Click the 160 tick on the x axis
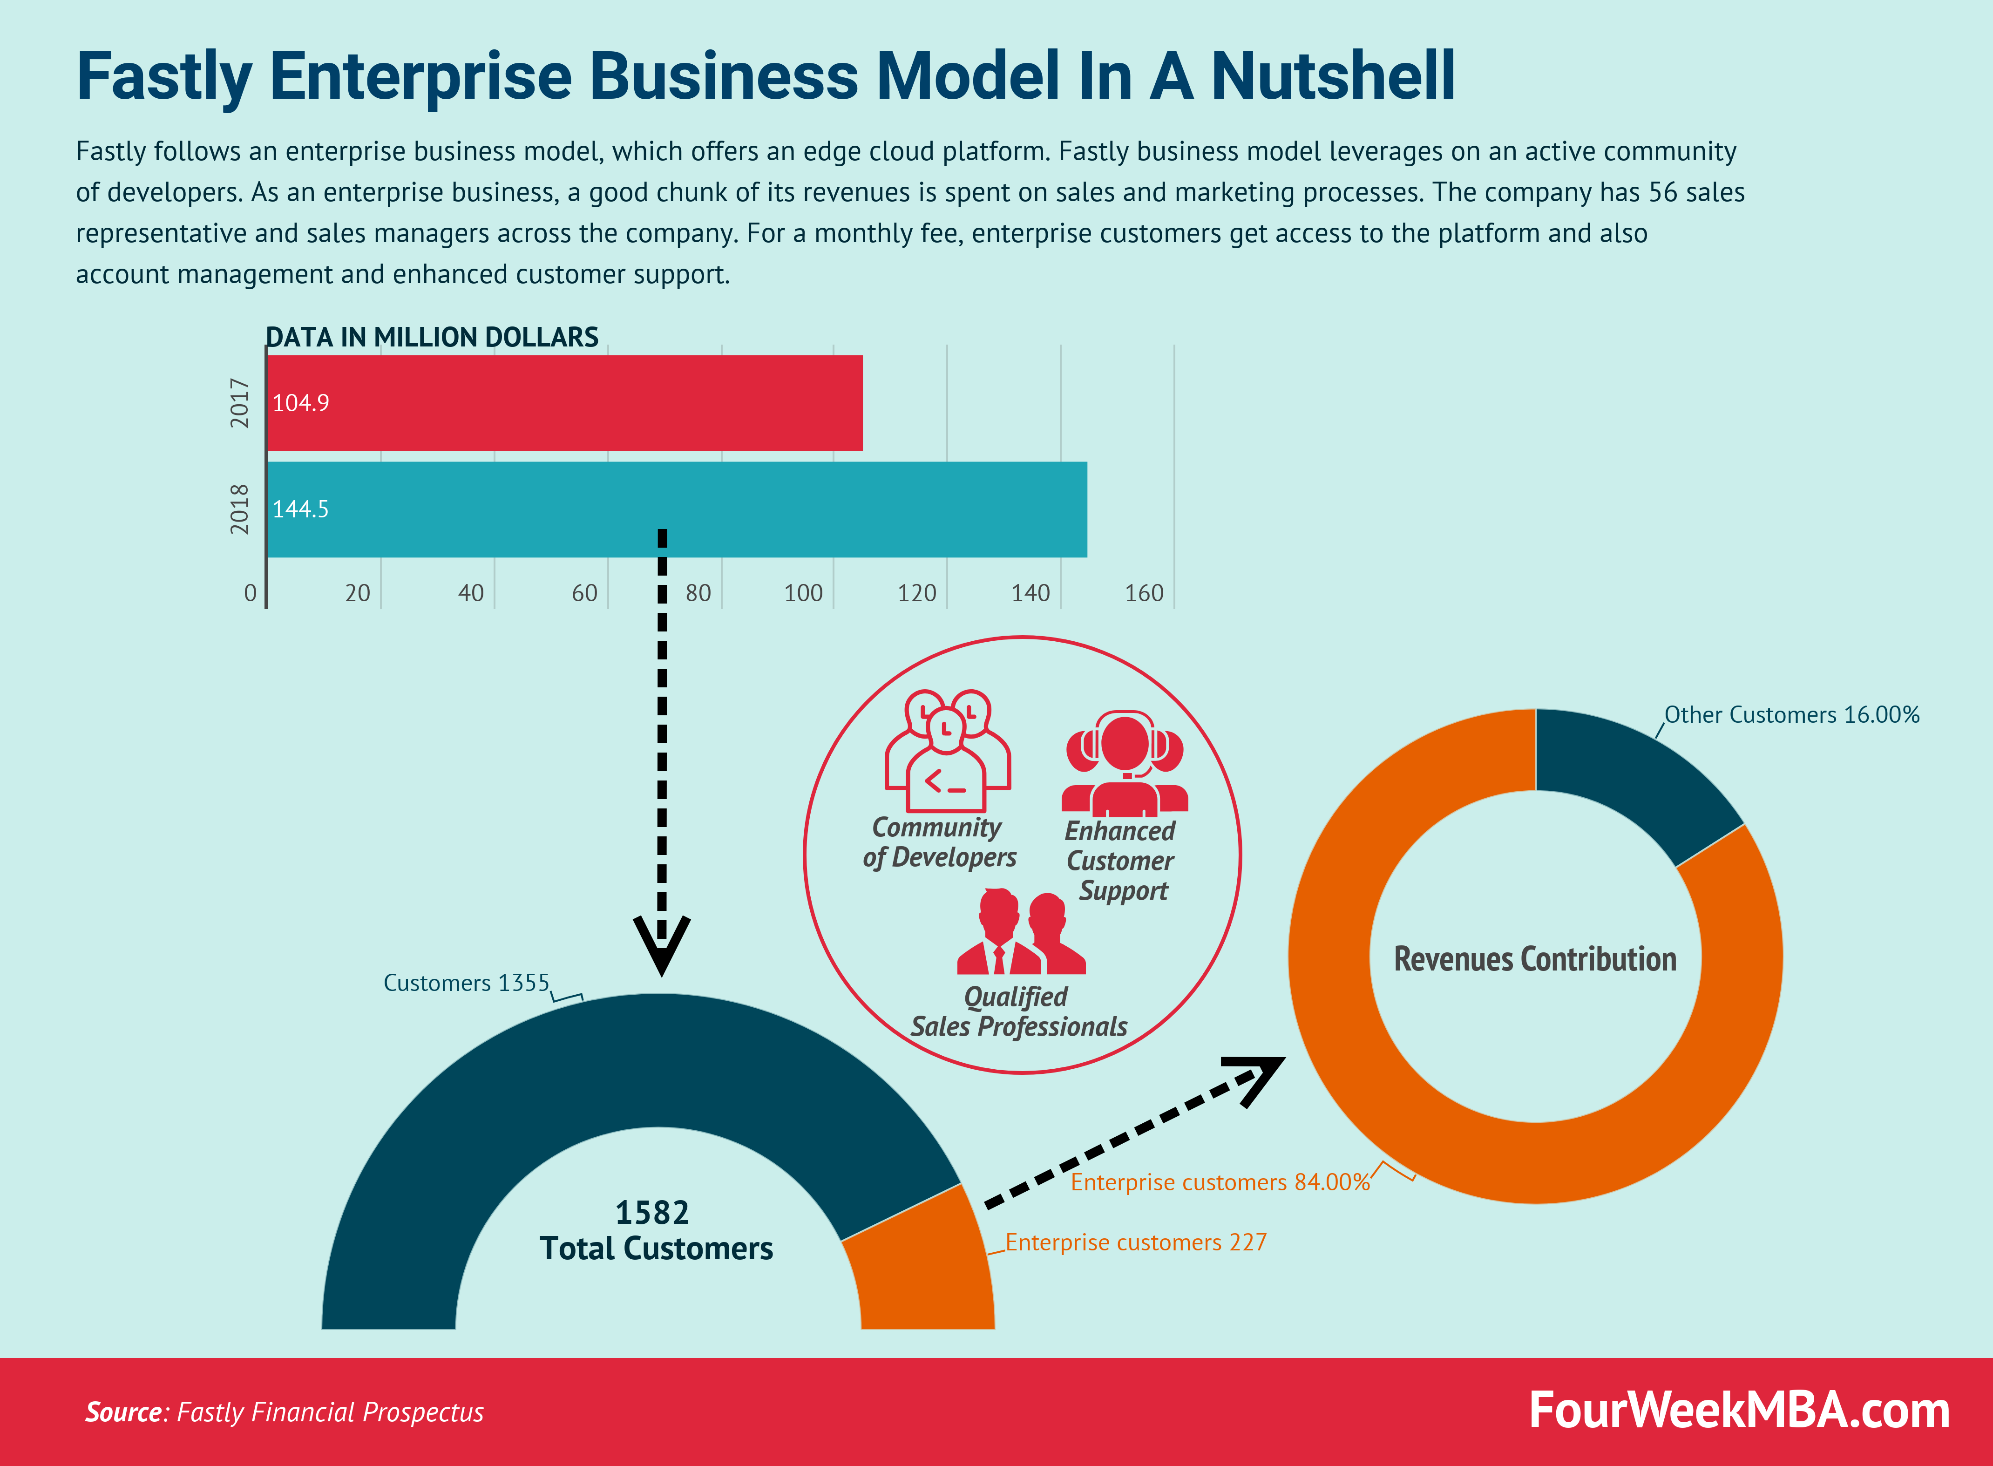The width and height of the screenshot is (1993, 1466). click(x=1144, y=593)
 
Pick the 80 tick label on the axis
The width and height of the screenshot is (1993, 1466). click(x=698, y=593)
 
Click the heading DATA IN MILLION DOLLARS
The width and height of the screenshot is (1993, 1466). click(x=432, y=337)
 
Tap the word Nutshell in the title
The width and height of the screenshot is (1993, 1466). click(x=1333, y=76)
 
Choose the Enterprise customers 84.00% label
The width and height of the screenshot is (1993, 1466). click(x=1220, y=1182)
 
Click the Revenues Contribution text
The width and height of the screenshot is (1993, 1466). click(x=1535, y=959)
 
